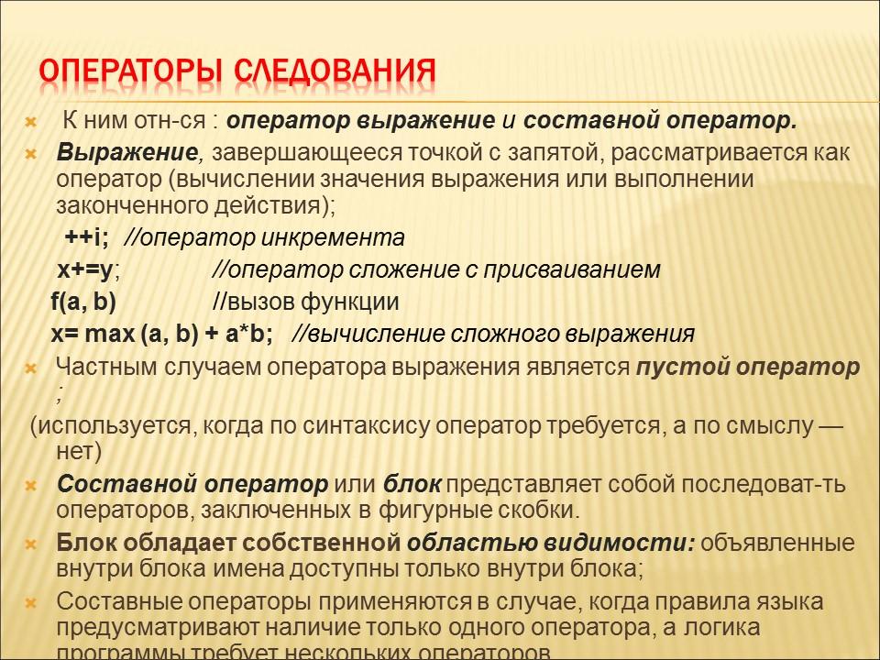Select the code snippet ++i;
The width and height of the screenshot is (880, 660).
tap(87, 238)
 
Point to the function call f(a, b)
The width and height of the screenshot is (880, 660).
tap(83, 302)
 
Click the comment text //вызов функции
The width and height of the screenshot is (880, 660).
tap(305, 302)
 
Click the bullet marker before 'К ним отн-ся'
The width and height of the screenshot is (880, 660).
tap(30, 122)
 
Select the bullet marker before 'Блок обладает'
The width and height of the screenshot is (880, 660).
tap(30, 544)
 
